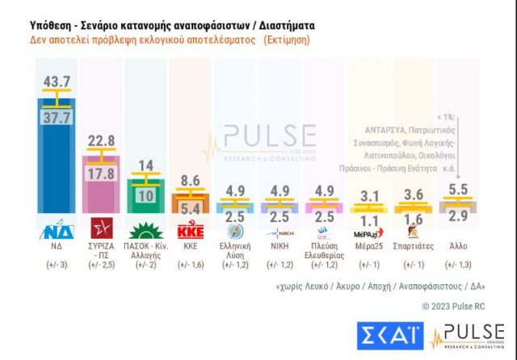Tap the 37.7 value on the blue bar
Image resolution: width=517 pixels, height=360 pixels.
click(57, 118)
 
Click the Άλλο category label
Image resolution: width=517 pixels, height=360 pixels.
click(456, 245)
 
